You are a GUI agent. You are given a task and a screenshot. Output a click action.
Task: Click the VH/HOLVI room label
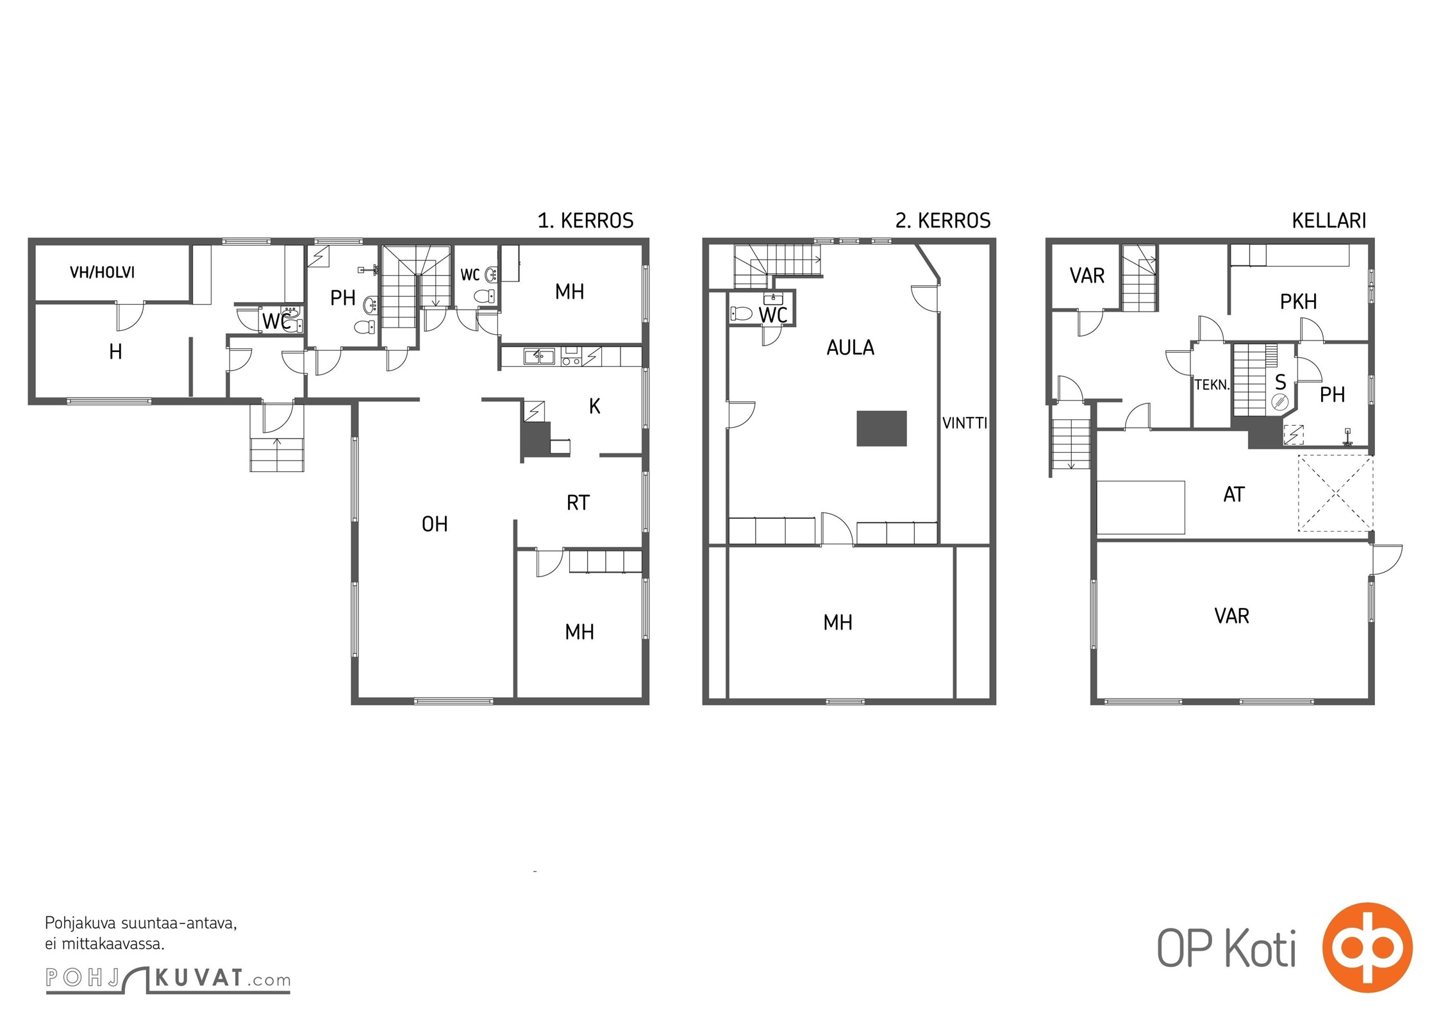[103, 273]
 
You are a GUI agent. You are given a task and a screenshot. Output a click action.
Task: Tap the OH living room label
[435, 525]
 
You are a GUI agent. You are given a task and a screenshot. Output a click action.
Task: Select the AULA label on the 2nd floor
[850, 348]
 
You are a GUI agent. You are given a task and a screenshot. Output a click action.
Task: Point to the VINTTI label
[965, 423]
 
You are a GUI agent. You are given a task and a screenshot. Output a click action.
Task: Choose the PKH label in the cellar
[1298, 301]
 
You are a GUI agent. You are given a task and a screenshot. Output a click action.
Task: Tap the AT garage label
[1234, 494]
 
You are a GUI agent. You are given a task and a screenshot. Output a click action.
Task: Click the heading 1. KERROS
[585, 221]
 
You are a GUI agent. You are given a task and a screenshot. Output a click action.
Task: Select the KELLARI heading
[1329, 221]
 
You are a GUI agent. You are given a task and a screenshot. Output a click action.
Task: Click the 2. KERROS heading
[943, 221]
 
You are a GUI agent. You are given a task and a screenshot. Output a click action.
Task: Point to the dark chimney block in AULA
[881, 428]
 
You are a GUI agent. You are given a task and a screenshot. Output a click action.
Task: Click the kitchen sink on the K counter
[539, 357]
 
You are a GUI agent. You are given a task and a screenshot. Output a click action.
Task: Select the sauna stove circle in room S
[1280, 402]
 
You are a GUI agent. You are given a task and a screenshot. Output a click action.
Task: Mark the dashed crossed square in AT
[1335, 493]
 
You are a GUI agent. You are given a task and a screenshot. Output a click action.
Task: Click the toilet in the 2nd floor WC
[741, 314]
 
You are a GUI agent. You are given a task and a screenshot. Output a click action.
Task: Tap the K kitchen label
[594, 406]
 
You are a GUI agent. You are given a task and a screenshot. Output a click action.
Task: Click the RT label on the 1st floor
[578, 503]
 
